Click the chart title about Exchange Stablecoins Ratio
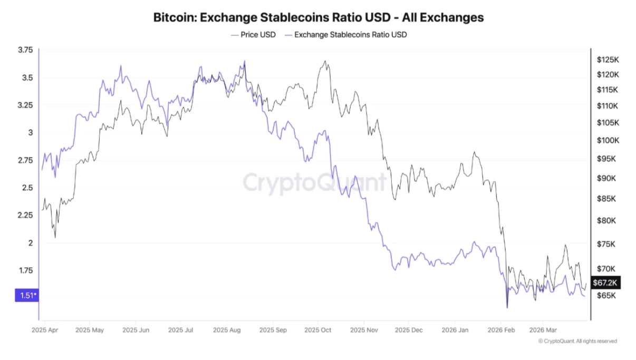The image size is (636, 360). pyautogui.click(x=318, y=17)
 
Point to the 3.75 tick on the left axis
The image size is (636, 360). pyautogui.click(x=25, y=50)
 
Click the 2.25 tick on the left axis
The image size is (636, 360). pyautogui.click(x=25, y=215)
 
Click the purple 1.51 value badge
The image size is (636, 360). pyautogui.click(x=26, y=295)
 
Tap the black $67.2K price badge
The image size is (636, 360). pyautogui.click(x=605, y=283)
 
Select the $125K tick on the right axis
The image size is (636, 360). pyautogui.click(x=607, y=60)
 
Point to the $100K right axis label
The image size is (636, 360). pyautogui.click(x=607, y=141)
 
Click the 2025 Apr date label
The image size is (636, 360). pyautogui.click(x=45, y=330)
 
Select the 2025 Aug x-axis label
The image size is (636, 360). pyautogui.click(x=227, y=330)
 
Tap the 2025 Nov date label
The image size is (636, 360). pyautogui.click(x=363, y=330)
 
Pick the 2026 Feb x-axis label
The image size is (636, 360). pyautogui.click(x=501, y=330)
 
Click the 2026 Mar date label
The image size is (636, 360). pyautogui.click(x=544, y=330)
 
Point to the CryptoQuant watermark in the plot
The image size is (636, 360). pyautogui.click(x=314, y=183)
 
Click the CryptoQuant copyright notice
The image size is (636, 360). pyautogui.click(x=577, y=342)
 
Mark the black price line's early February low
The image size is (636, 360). pyautogui.click(x=507, y=307)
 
